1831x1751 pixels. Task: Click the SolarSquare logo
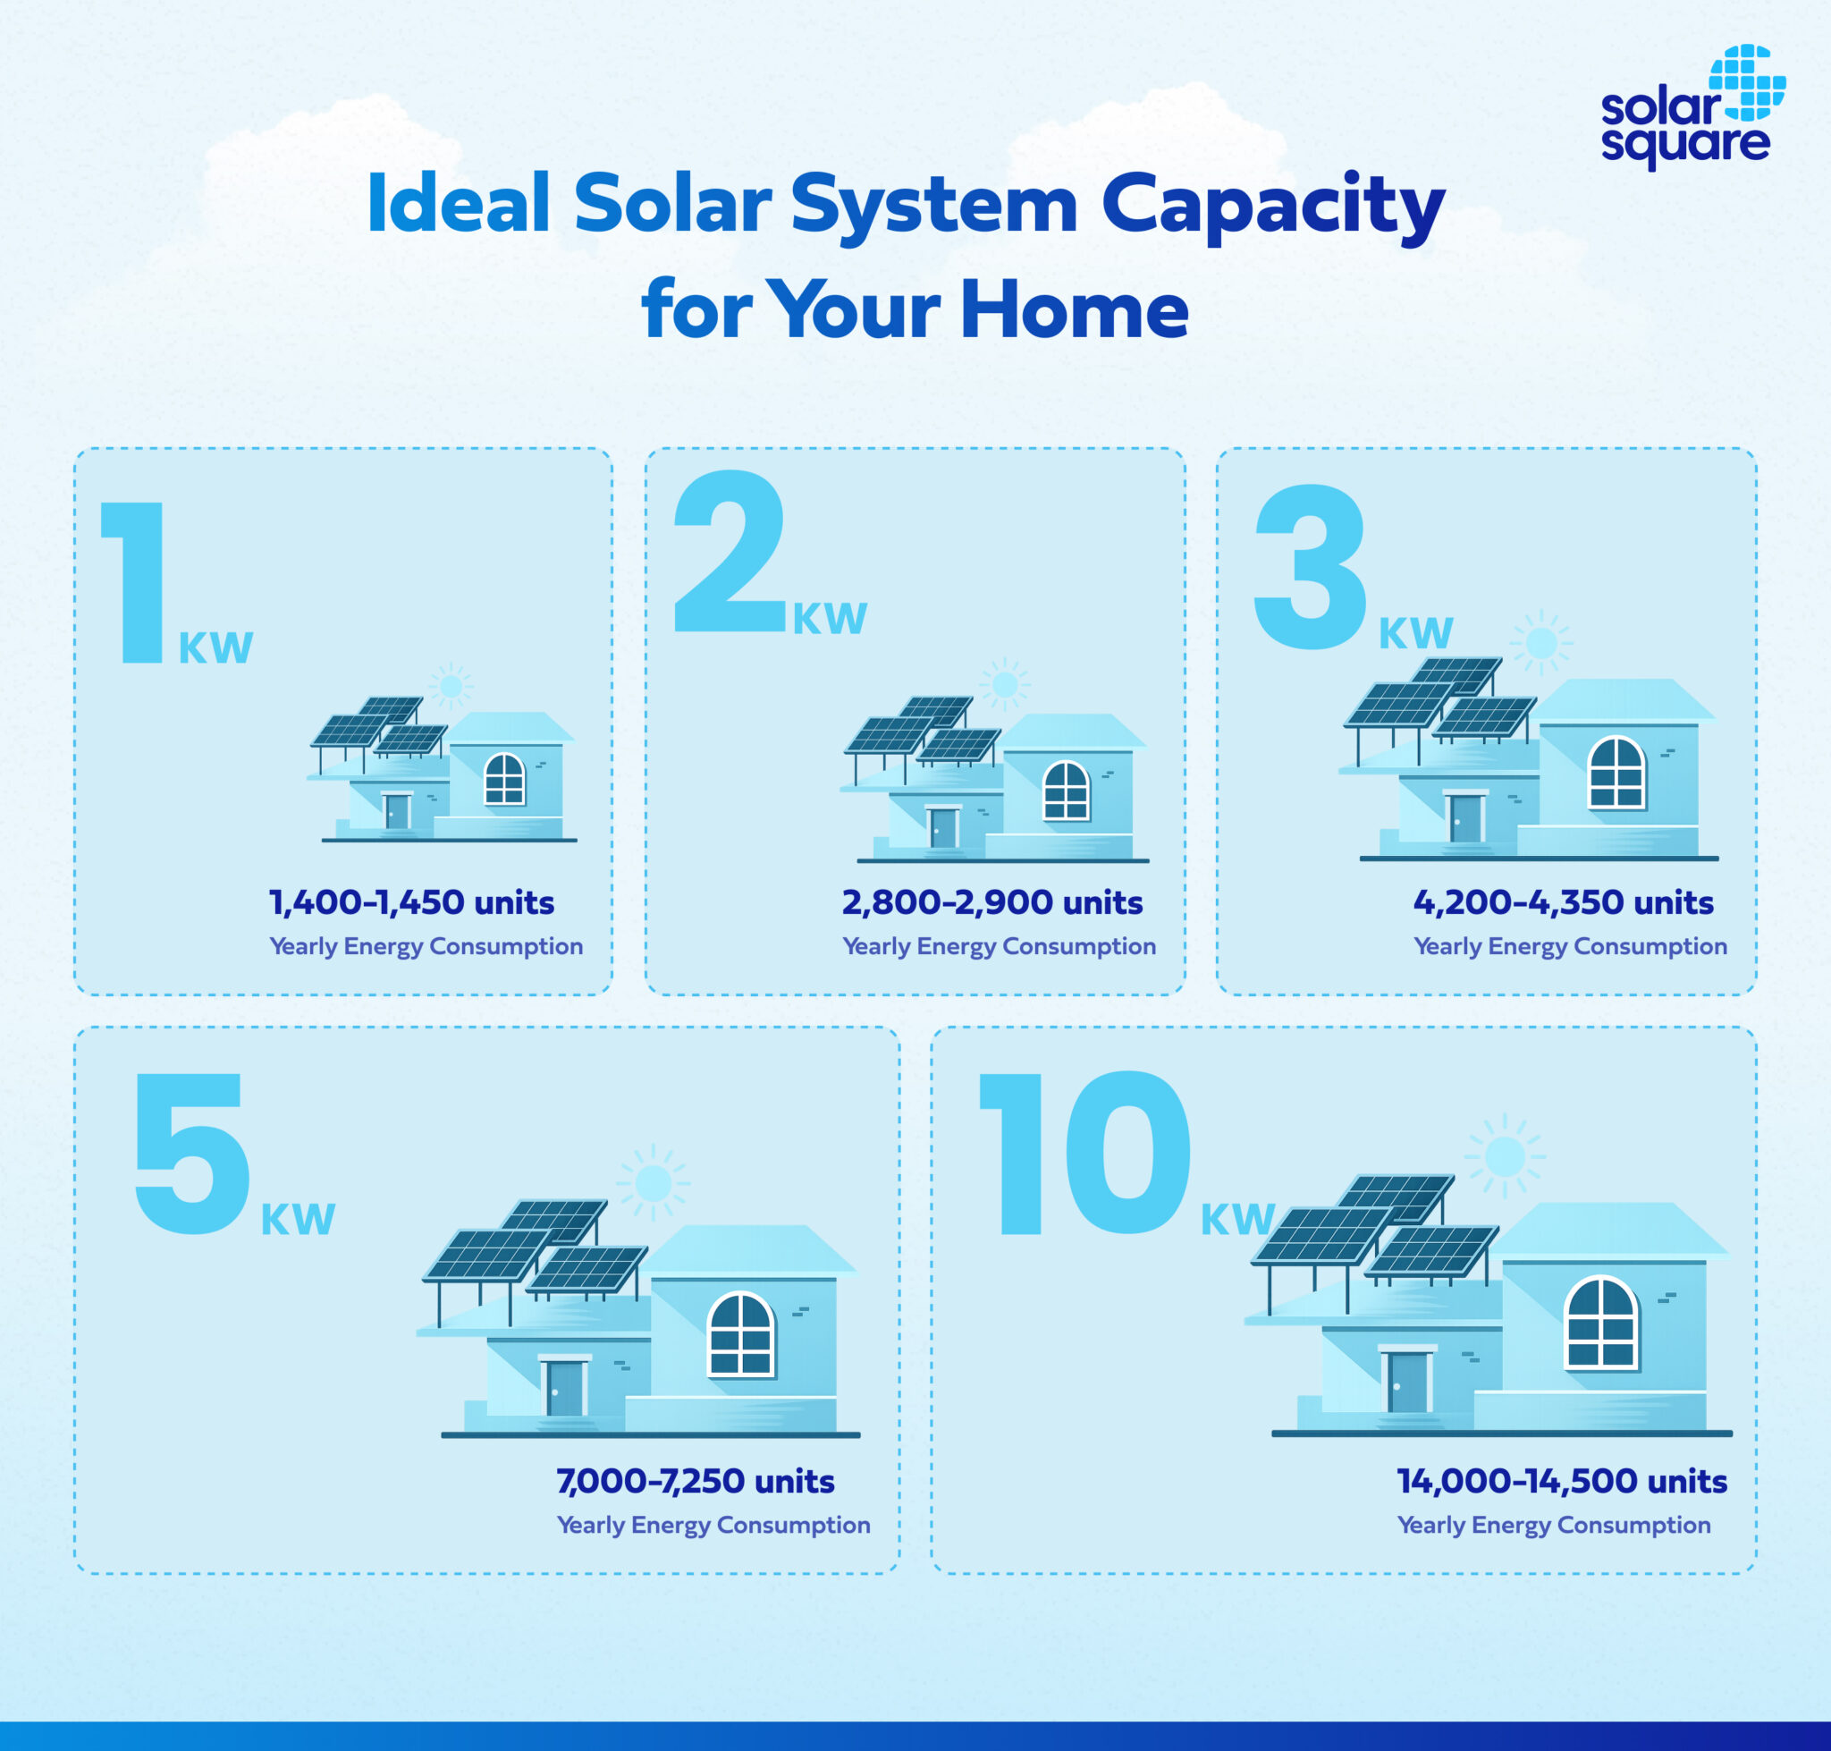tap(1691, 107)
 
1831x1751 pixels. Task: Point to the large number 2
tap(730, 553)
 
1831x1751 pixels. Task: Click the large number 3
tap(1311, 567)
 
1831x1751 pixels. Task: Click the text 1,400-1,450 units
tap(411, 902)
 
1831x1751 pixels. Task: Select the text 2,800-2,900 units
tap(992, 902)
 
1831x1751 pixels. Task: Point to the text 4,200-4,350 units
tap(1563, 902)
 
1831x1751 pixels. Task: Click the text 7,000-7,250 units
tap(696, 1481)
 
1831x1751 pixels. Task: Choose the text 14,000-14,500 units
tap(1561, 1481)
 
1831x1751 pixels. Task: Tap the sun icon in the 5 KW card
tap(653, 1183)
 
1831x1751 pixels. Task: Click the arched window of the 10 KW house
tap(1601, 1323)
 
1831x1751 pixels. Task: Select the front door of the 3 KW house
tap(1465, 817)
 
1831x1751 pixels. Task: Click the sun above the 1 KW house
tap(451, 686)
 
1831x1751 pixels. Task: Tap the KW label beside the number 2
tap(830, 619)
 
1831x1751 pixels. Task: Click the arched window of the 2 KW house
tap(1066, 791)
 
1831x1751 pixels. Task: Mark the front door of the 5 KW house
tap(563, 1388)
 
